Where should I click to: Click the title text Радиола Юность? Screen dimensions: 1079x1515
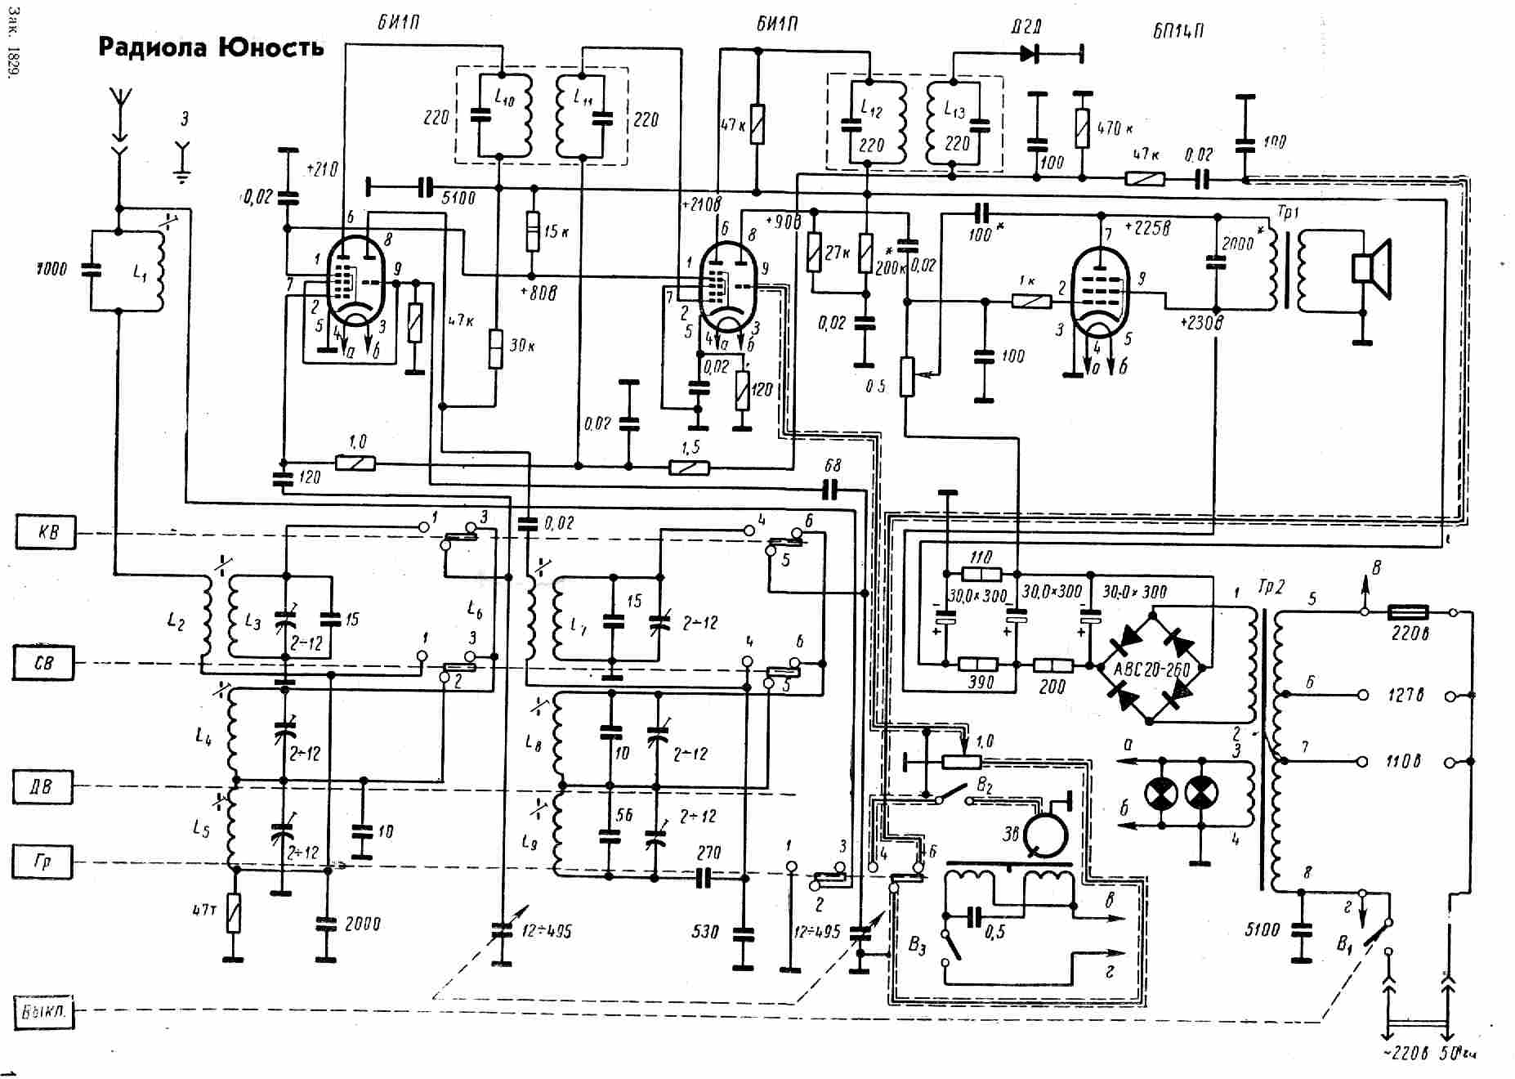point(211,47)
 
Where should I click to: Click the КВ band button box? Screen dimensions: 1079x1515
point(46,532)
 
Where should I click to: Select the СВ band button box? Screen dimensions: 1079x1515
point(42,662)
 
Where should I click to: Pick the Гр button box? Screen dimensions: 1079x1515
point(42,862)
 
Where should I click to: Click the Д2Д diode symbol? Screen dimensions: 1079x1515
point(1030,55)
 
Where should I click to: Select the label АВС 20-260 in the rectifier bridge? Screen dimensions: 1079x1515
point(1152,670)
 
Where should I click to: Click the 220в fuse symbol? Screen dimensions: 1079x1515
point(1408,611)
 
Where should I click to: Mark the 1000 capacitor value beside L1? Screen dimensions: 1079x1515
point(51,268)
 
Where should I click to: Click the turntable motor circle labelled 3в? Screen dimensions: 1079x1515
point(1046,834)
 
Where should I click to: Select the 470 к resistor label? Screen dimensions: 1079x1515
point(1115,128)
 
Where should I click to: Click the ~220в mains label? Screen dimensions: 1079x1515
point(1405,1053)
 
